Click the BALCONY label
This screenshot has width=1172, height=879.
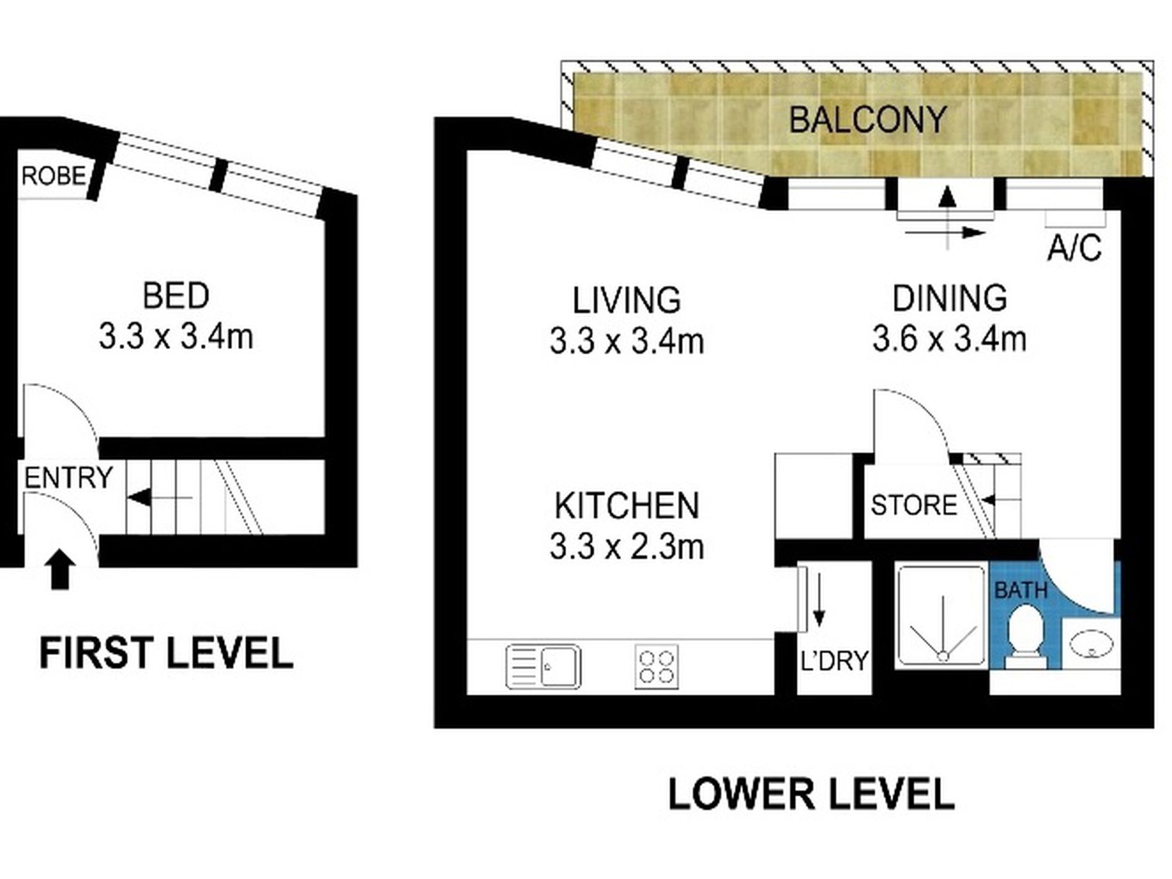[867, 120]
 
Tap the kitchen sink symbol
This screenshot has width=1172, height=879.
[543, 666]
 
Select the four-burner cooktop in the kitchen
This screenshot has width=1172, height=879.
[656, 666]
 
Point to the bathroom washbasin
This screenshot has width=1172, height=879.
[1091, 646]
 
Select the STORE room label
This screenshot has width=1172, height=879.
[914, 505]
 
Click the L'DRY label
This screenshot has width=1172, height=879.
[835, 661]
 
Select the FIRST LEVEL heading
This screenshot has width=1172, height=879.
[166, 653]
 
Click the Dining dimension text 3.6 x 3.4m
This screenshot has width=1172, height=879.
[949, 339]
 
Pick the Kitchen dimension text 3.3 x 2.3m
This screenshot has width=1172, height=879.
[627, 547]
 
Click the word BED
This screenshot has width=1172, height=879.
[176, 295]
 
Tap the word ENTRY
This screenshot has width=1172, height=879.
[68, 477]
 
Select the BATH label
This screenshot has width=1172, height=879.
[1021, 590]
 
